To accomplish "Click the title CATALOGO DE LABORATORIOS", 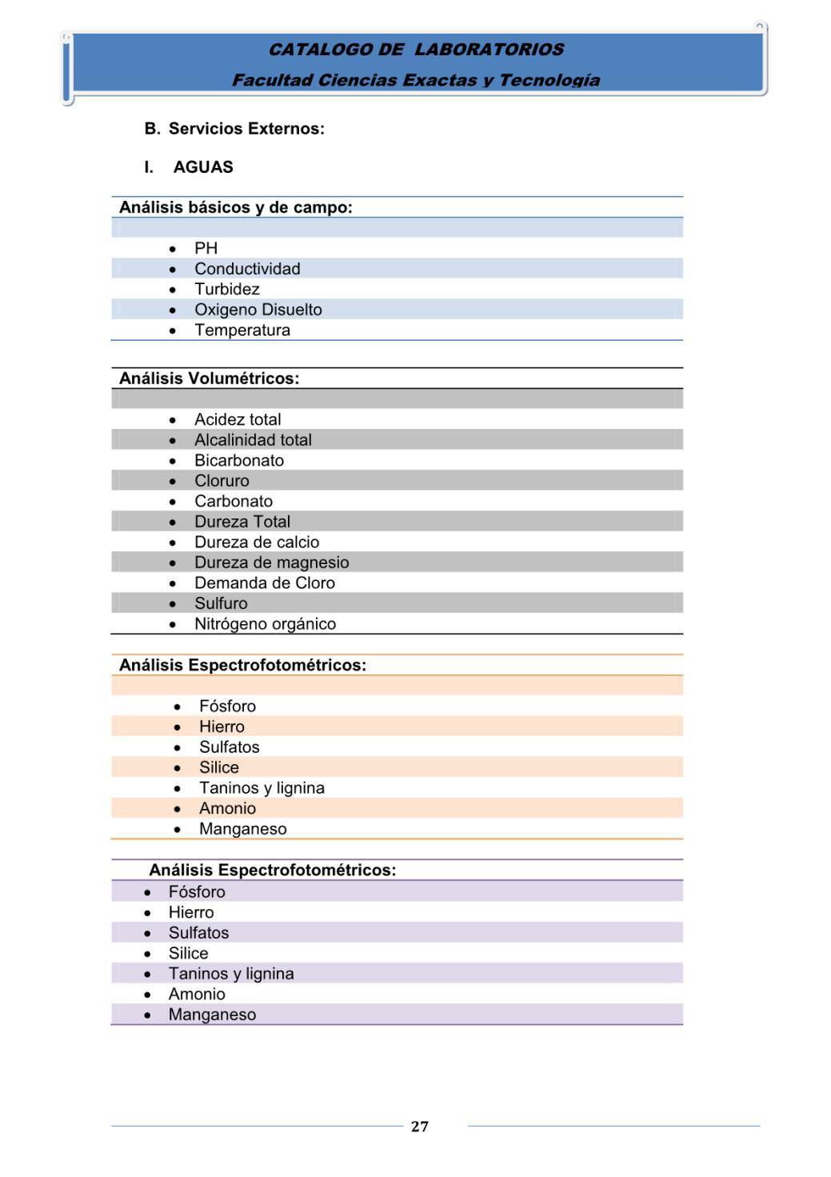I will [x=416, y=50].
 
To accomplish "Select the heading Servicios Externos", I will [x=246, y=129].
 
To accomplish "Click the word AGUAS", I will [x=203, y=167].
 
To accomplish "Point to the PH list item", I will [x=206, y=248].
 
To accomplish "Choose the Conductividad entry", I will [x=247, y=269].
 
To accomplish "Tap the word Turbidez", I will [x=227, y=289].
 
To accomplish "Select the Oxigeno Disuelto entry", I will [x=258, y=310].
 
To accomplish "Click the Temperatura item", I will [x=242, y=330].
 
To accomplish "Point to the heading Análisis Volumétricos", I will [x=210, y=378].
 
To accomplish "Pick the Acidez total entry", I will [x=238, y=419].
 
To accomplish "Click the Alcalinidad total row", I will [x=253, y=440].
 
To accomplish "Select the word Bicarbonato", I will [x=239, y=460].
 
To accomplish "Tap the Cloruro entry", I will [x=222, y=481].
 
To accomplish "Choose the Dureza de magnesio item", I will [x=271, y=562].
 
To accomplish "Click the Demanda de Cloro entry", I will [x=265, y=583].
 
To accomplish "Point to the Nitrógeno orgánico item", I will [x=265, y=624].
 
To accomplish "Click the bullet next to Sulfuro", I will [x=173, y=604].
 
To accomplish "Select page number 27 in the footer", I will [x=420, y=1127].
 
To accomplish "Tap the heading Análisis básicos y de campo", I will [x=236, y=207].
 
